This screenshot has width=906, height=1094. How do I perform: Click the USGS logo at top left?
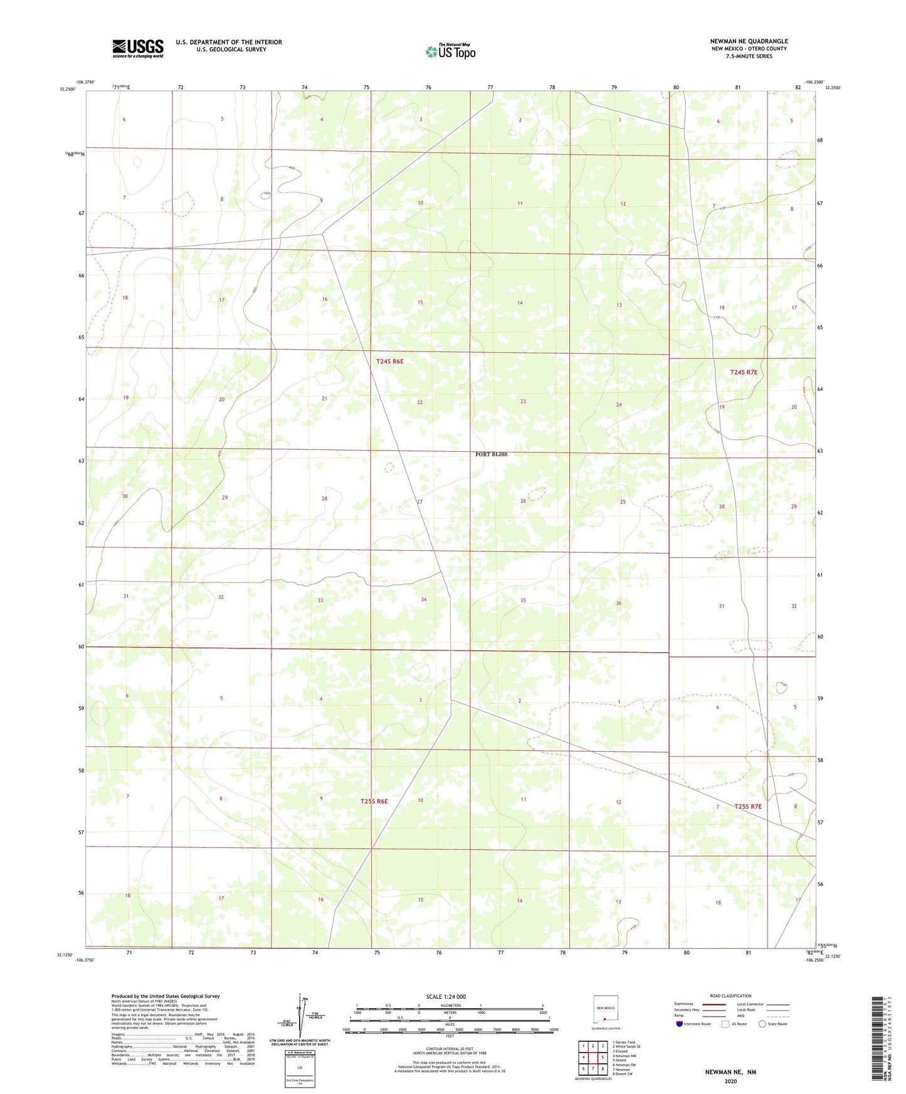tap(137, 48)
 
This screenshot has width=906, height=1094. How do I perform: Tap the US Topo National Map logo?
tap(450, 51)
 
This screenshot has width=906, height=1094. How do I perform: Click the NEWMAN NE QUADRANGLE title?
tap(749, 41)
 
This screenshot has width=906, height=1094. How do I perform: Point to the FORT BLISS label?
tap(491, 454)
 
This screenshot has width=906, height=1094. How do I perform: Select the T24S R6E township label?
tap(389, 362)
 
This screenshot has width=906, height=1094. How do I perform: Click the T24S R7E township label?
tap(744, 372)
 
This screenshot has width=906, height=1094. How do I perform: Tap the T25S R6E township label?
tap(374, 801)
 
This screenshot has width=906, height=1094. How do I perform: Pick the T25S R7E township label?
tap(747, 806)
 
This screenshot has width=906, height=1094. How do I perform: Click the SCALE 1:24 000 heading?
tap(445, 997)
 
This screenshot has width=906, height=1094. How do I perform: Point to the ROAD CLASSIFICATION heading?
tap(730, 996)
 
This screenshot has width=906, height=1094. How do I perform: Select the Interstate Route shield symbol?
tap(680, 1024)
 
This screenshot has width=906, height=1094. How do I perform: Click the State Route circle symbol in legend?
tap(762, 1024)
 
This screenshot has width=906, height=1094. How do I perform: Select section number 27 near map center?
tap(419, 502)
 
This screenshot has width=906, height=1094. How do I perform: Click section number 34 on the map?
tap(423, 600)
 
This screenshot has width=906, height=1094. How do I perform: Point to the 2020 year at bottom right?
tap(730, 1081)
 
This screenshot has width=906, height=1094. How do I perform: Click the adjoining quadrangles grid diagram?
tap(593, 1057)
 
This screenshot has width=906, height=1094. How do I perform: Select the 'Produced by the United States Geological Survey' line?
tap(166, 996)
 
